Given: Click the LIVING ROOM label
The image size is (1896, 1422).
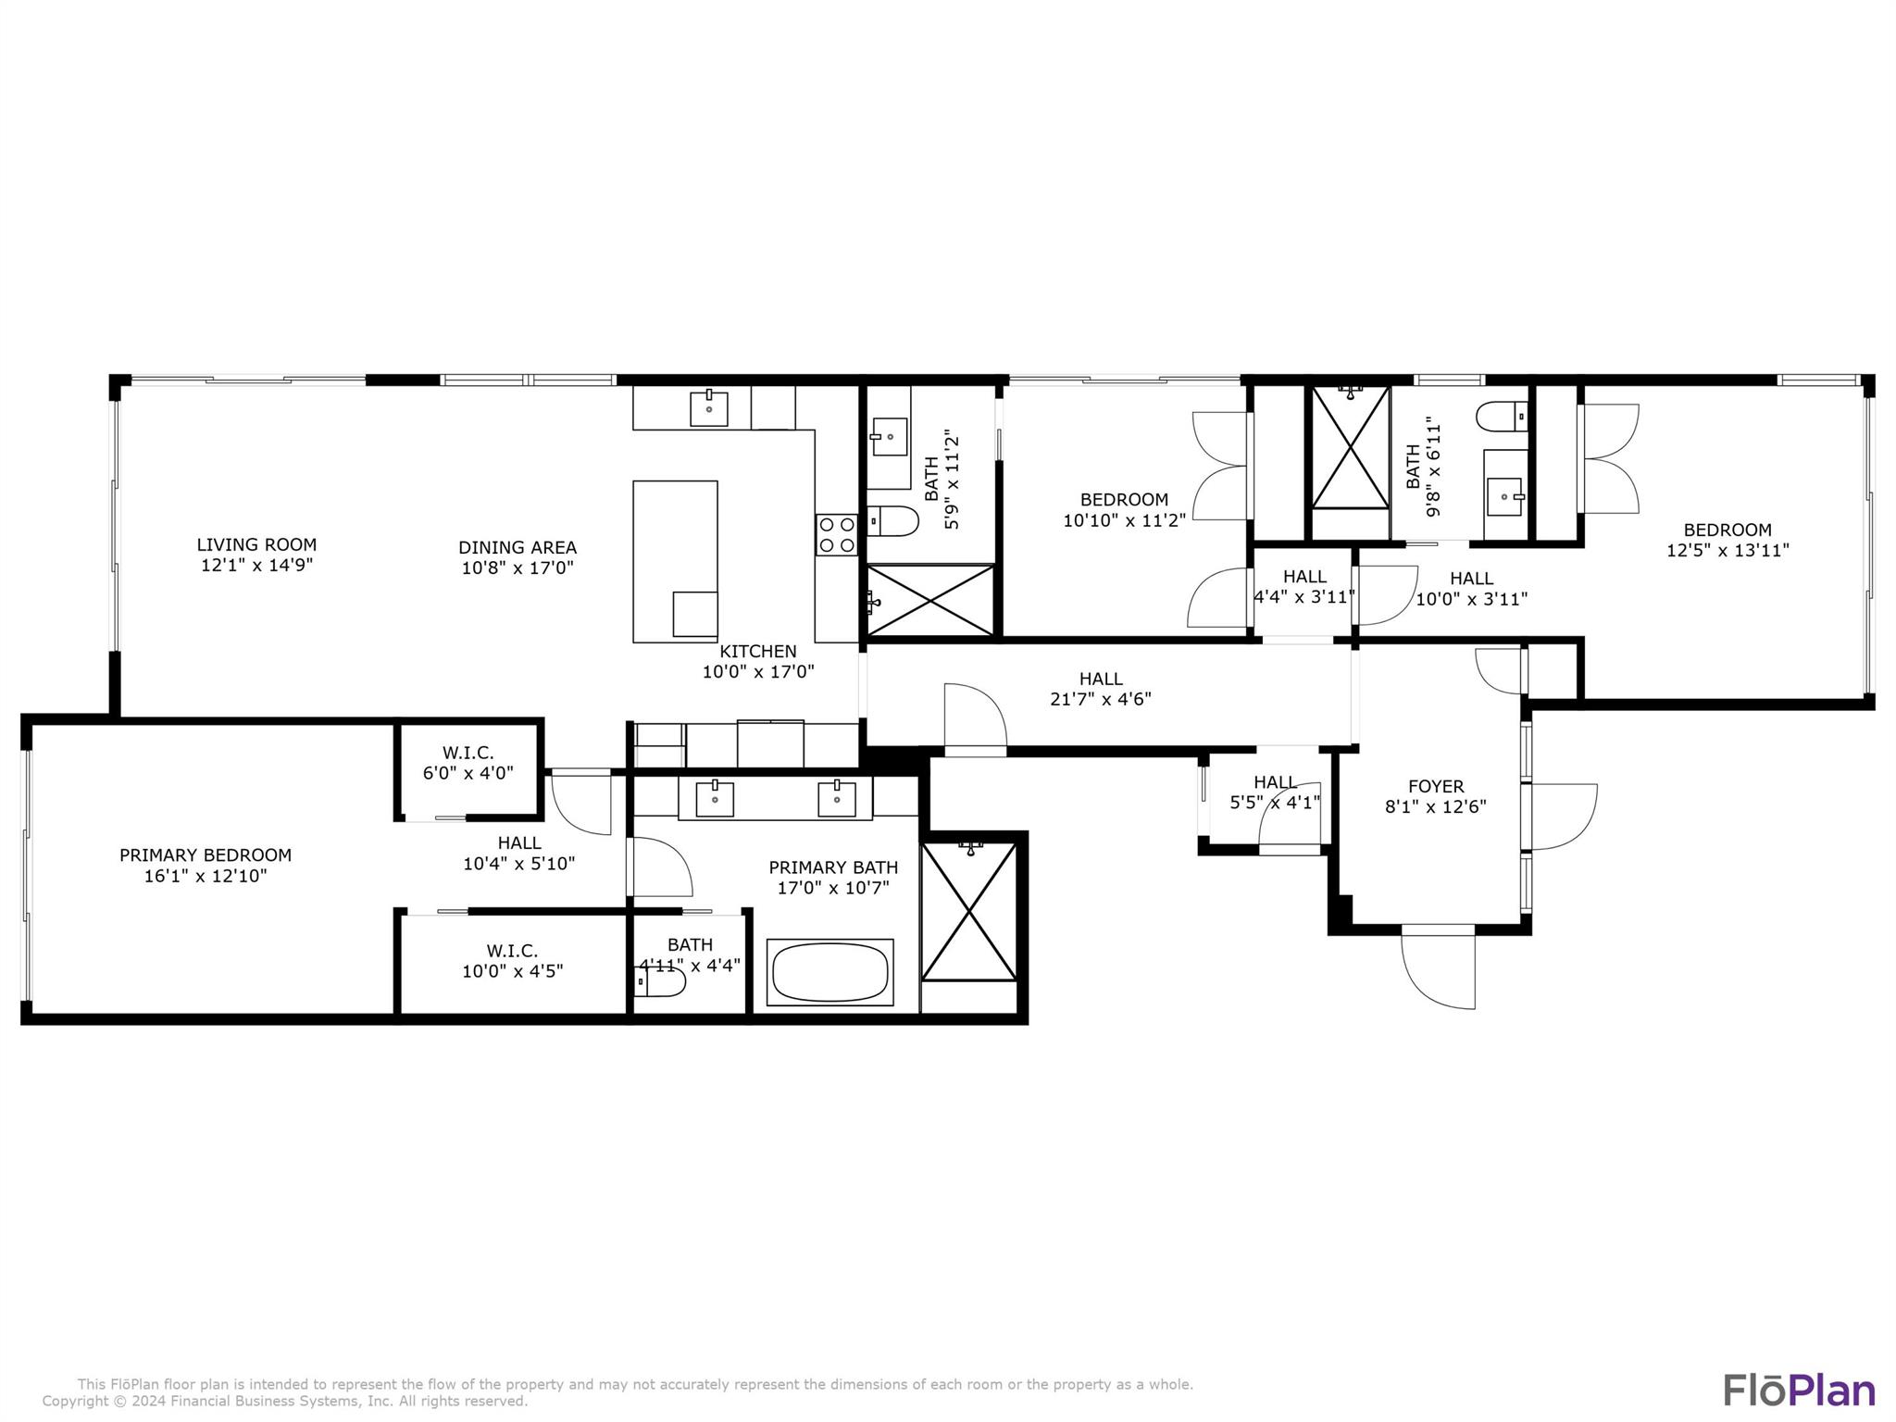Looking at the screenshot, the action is (x=256, y=544).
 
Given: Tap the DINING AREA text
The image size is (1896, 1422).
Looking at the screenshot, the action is (x=518, y=547).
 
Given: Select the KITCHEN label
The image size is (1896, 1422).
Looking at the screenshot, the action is (x=758, y=651).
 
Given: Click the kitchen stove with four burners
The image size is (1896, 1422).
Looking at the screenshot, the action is (x=836, y=534).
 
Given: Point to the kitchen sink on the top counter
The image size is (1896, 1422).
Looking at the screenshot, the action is (x=709, y=408).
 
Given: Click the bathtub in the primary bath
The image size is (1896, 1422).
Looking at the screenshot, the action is (x=830, y=972).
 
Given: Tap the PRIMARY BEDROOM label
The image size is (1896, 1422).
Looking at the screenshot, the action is (x=206, y=855).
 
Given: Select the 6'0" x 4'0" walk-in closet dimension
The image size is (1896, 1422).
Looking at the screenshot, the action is (x=468, y=772).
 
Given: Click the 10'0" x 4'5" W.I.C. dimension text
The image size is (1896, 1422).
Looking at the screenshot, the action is (x=513, y=971).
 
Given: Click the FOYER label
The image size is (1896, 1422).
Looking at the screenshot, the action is (x=1436, y=787).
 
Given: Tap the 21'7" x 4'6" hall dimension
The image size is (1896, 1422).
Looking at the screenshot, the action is (x=1101, y=699).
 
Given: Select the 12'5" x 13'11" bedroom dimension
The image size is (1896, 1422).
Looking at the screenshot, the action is (x=1728, y=550).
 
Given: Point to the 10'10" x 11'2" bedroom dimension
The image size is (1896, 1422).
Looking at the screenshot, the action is (x=1124, y=520).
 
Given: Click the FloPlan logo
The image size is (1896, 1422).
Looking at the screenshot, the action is (x=1799, y=1390).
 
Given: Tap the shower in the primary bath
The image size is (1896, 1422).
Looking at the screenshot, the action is (x=969, y=911).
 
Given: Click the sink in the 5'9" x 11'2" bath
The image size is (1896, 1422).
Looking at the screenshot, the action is (x=890, y=436).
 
